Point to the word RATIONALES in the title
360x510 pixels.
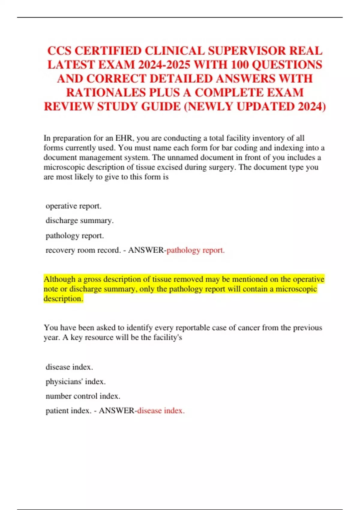(x=106, y=92)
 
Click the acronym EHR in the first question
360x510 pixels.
(x=124, y=138)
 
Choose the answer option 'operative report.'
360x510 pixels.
(x=73, y=206)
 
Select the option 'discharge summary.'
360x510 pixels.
(x=79, y=221)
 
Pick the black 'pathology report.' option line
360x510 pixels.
(x=75, y=236)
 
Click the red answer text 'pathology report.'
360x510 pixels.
(x=196, y=250)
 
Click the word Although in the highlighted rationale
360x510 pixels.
(x=60, y=279)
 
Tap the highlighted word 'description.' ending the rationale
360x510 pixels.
(x=63, y=299)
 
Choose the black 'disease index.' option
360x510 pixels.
(x=69, y=367)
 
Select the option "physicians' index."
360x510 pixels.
(x=76, y=382)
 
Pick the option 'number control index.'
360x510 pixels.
(x=83, y=396)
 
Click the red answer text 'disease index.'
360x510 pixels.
(x=161, y=411)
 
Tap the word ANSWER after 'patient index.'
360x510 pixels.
(x=117, y=411)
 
